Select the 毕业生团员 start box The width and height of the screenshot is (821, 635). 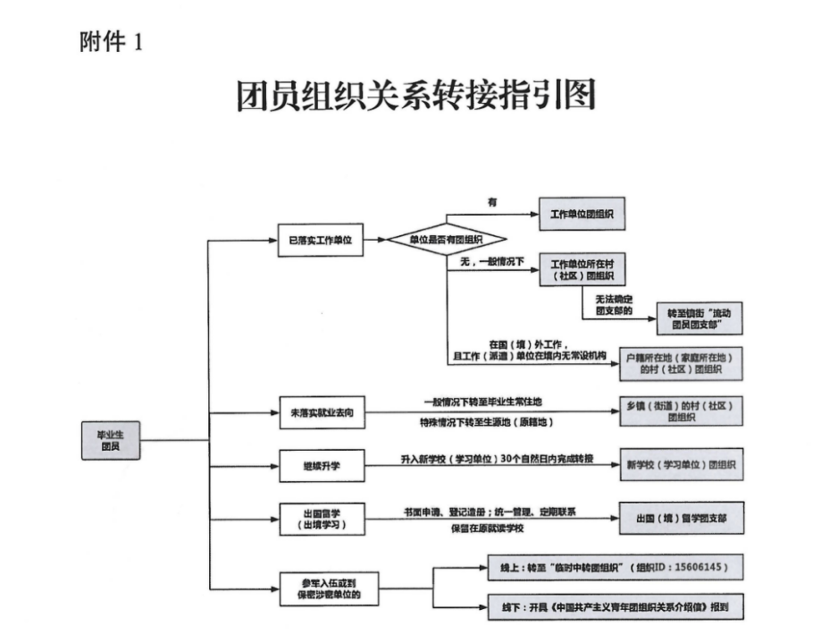110,439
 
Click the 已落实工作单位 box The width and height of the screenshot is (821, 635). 320,240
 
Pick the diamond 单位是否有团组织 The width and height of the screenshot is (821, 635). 447,240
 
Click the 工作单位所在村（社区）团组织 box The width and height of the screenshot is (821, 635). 581,271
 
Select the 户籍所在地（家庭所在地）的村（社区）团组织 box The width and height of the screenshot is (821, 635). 682,362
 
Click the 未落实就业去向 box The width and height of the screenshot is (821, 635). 320,412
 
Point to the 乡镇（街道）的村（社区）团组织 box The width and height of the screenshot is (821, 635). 681,411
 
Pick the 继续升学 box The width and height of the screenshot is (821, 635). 320,466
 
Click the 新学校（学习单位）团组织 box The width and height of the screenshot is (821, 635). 681,466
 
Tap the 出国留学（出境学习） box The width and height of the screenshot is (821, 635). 320,518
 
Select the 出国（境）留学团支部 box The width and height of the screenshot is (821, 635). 681,518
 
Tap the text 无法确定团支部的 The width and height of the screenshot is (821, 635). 613,304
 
